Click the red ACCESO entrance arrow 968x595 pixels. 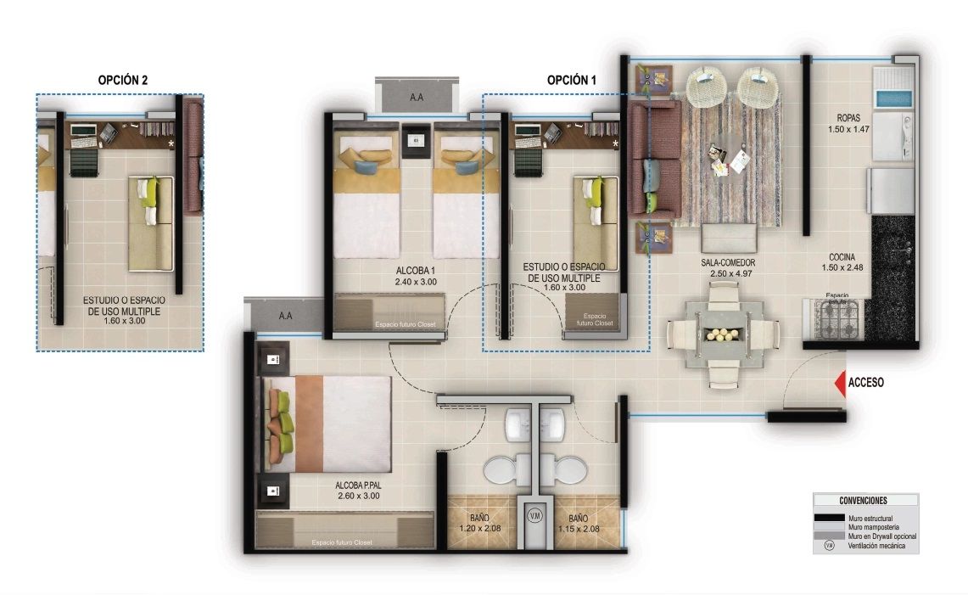[x=840, y=383]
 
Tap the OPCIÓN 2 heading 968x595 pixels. [x=123, y=80]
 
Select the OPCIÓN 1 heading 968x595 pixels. [x=571, y=80]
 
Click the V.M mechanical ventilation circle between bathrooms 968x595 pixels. [x=534, y=515]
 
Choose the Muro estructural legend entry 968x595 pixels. [x=864, y=518]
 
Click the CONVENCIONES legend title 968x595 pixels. [x=863, y=501]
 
